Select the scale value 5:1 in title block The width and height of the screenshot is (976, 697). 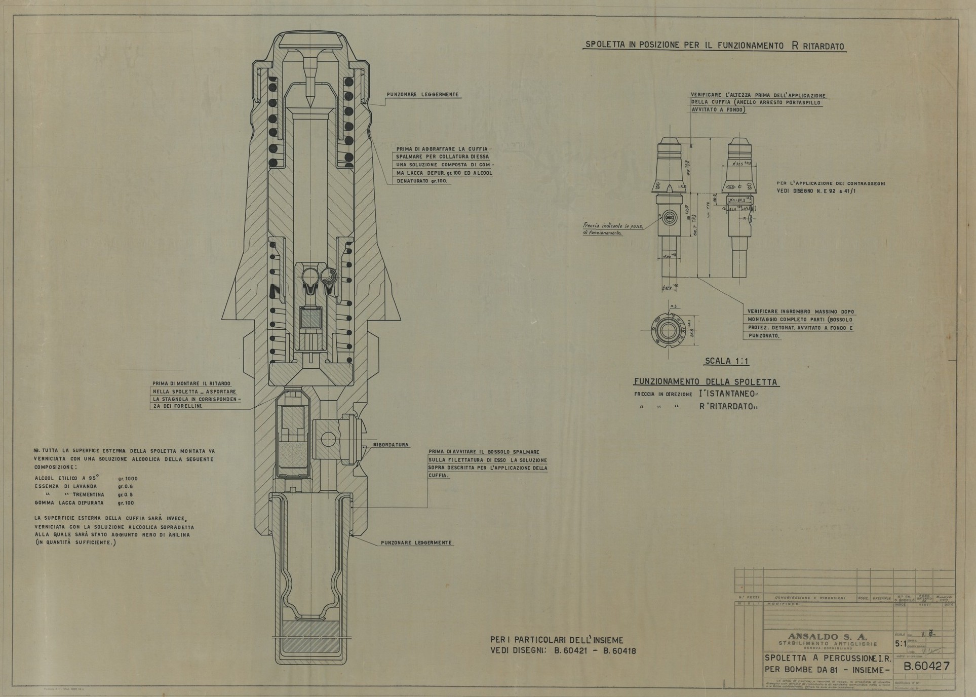[901, 644]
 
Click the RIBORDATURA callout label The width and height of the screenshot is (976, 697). [391, 445]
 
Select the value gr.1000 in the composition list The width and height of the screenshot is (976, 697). [128, 478]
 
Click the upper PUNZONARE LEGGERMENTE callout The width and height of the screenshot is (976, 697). [423, 94]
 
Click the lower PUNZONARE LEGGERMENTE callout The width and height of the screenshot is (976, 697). [416, 543]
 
